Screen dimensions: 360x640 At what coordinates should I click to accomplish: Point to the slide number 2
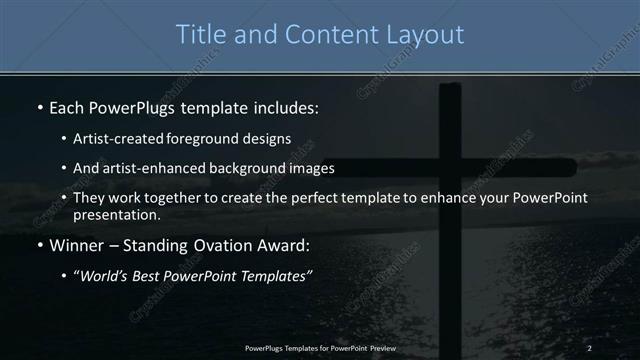point(589,348)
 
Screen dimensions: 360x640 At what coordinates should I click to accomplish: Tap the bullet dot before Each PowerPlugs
point(39,106)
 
